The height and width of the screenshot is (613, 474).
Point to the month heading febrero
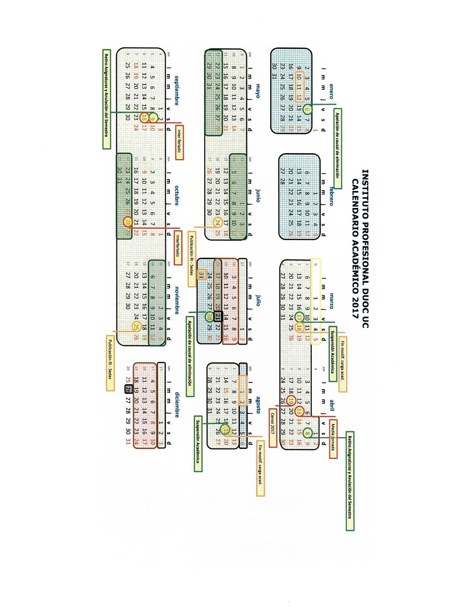331,196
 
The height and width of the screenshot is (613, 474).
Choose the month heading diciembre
177,405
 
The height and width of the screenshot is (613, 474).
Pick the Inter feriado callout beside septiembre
180,142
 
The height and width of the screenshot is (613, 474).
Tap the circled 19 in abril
291,400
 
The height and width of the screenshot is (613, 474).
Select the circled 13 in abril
299,411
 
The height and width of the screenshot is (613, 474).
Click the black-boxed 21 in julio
218,317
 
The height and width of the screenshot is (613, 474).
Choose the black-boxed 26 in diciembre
128,389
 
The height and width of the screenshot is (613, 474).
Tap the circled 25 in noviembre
136,327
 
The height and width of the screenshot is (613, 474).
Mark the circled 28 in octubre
128,222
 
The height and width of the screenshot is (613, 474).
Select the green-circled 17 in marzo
299,317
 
